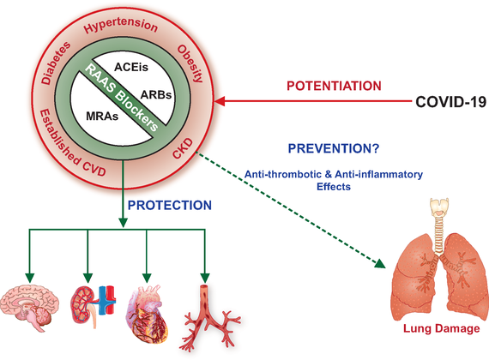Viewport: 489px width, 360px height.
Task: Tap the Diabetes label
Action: [56, 63]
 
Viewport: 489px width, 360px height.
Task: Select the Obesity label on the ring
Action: [190, 63]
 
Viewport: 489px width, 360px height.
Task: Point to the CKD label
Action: [183, 148]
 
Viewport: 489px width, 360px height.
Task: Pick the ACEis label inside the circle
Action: [131, 67]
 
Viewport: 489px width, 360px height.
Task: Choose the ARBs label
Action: [156, 94]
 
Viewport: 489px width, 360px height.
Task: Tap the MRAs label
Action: [102, 117]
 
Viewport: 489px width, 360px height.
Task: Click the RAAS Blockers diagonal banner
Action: [122, 97]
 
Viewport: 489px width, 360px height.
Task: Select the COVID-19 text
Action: [451, 102]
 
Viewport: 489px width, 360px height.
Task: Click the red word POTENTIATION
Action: [334, 86]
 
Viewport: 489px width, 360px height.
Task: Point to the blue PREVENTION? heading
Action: [334, 148]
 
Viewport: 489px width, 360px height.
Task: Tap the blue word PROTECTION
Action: [170, 205]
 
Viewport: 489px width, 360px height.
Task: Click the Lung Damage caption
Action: [442, 328]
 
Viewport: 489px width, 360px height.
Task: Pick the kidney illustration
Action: [94, 306]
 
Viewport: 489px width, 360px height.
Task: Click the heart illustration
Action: [148, 313]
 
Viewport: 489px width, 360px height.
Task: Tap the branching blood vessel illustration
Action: [209, 318]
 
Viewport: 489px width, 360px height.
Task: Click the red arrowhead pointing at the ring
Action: [220, 101]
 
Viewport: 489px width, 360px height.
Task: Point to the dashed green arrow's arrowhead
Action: [380, 264]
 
